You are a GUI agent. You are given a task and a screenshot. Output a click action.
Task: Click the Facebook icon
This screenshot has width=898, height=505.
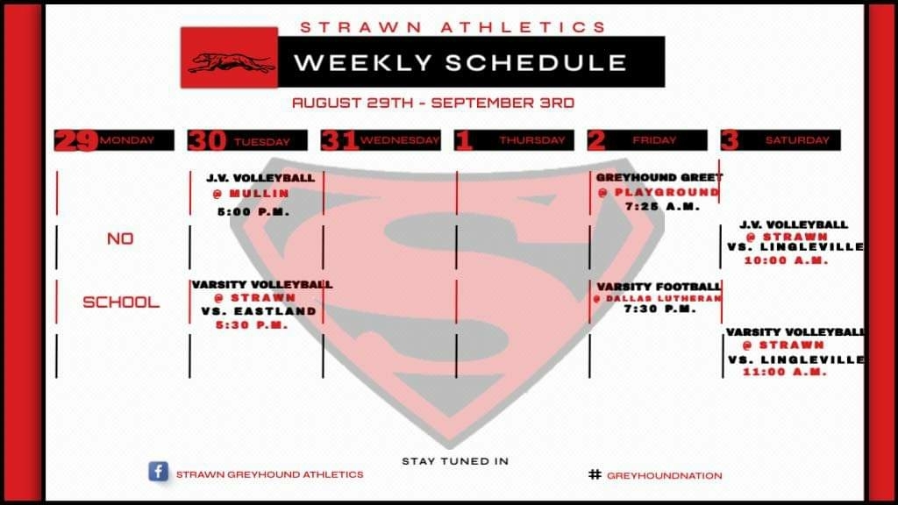pyautogui.click(x=158, y=471)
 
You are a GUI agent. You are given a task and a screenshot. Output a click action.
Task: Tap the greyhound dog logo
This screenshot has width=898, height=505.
pyautogui.click(x=232, y=62)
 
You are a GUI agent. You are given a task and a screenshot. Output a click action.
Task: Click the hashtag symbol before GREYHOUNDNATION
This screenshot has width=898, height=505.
pyautogui.click(x=595, y=474)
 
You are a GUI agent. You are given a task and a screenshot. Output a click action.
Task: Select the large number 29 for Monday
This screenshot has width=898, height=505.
pyautogui.click(x=77, y=140)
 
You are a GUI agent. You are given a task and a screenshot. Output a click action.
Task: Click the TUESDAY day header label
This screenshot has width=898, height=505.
pyautogui.click(x=261, y=141)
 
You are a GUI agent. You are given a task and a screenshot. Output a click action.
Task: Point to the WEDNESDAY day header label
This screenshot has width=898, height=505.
pyautogui.click(x=400, y=140)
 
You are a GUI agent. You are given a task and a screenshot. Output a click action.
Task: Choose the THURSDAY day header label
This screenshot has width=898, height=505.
pyautogui.click(x=532, y=140)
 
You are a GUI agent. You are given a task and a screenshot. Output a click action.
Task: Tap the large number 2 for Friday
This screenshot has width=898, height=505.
pyautogui.click(x=596, y=140)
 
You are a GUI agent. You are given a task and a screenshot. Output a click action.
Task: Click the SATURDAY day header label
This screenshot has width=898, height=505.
pyautogui.click(x=797, y=140)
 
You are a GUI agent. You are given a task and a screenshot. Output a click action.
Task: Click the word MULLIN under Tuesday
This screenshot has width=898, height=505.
pyautogui.click(x=260, y=194)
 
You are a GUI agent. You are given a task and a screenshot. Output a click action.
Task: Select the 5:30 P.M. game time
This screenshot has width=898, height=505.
pyautogui.click(x=252, y=325)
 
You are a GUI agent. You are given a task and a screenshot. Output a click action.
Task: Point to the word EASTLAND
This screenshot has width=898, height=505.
pyautogui.click(x=275, y=311)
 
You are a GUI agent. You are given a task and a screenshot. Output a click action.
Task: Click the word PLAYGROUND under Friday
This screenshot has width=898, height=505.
pyautogui.click(x=666, y=192)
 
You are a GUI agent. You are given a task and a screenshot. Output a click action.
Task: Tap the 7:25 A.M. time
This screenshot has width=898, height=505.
pyautogui.click(x=663, y=207)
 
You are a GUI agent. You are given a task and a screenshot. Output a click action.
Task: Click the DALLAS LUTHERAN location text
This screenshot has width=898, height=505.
pyautogui.click(x=663, y=298)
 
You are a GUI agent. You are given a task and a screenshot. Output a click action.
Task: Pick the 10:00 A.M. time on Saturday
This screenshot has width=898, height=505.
pyautogui.click(x=786, y=260)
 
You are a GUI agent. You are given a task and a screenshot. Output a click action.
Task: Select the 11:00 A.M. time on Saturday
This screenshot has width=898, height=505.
pyautogui.click(x=785, y=372)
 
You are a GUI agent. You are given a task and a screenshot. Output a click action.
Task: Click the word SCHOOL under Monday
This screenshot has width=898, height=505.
pyautogui.click(x=121, y=302)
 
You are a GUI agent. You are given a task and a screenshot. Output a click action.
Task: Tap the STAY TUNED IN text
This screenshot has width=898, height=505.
pyautogui.click(x=455, y=461)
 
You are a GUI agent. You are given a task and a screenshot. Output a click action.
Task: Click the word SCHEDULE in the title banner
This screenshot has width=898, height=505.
pyautogui.click(x=536, y=63)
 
